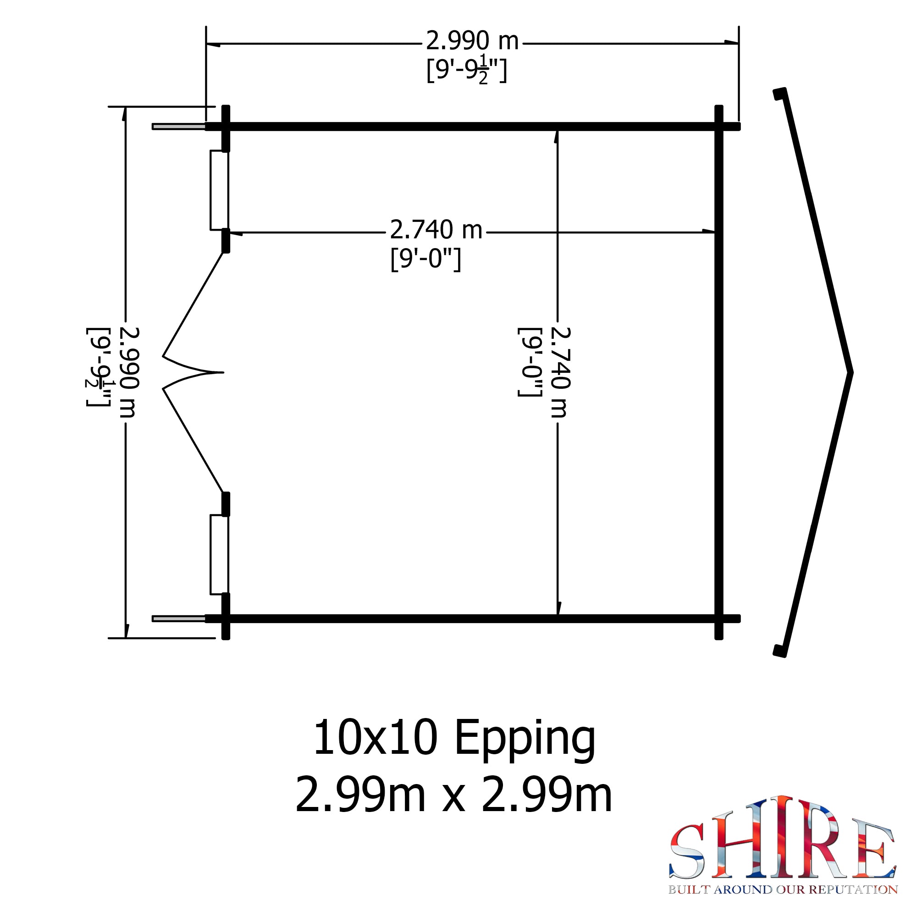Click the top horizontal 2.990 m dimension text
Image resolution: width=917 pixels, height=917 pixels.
click(x=472, y=41)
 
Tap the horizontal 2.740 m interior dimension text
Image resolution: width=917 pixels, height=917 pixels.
click(x=435, y=230)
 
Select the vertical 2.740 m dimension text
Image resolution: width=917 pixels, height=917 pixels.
click(x=560, y=372)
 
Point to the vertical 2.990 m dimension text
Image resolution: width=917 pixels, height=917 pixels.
click(x=128, y=372)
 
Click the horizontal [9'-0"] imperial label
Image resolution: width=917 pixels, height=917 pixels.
click(x=425, y=260)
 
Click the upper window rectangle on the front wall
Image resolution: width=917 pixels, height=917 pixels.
click(x=219, y=190)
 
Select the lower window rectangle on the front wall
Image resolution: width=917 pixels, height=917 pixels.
click(x=219, y=554)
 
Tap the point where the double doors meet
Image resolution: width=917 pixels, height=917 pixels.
click(x=222, y=372)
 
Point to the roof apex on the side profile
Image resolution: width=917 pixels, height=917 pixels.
click(x=851, y=373)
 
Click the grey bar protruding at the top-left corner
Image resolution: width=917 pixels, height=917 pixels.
click(x=178, y=127)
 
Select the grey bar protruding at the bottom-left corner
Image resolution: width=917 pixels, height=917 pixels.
click(x=178, y=619)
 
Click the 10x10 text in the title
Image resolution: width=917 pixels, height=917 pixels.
click(x=375, y=738)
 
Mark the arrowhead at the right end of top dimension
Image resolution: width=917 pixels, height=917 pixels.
click(x=731, y=43)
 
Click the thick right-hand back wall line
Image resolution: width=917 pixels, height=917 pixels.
click(x=718, y=372)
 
